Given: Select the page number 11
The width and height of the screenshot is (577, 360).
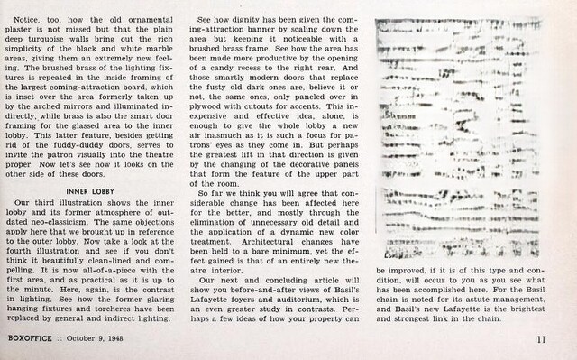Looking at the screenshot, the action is point(540,339).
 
